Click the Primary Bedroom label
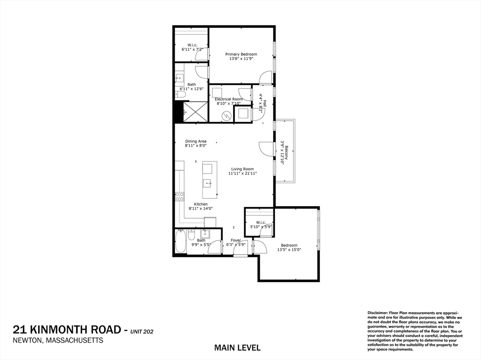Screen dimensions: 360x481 coord(241,54)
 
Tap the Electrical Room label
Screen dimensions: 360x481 coord(229,99)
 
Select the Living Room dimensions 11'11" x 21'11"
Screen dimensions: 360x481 coord(242,174)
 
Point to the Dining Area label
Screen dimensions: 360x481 coord(196,141)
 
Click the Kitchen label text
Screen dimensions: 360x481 coord(201,204)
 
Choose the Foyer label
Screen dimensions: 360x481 coord(236,240)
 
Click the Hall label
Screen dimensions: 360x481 coord(265,103)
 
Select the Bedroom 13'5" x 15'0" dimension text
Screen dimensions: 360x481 coord(289,250)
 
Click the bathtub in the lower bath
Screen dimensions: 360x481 coord(180,241)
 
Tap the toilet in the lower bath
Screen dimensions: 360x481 coord(192,235)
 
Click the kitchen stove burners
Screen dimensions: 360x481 coord(178,197)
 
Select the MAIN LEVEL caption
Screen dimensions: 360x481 coord(237,348)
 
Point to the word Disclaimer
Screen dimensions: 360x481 coord(379,312)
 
